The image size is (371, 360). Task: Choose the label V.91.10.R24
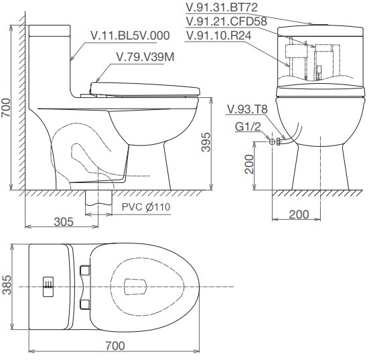point(224,35)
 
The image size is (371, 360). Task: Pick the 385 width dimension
point(7,286)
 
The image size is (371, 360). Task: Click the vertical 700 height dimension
point(6,107)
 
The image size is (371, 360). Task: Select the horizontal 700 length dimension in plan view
point(115,345)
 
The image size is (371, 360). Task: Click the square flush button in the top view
point(48,286)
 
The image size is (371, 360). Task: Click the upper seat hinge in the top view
point(85,269)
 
